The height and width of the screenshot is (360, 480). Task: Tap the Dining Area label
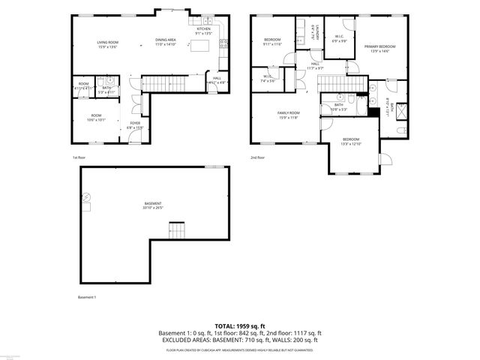click(165, 42)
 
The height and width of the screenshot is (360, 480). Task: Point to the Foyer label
click(135, 124)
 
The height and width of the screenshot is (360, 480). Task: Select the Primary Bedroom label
click(379, 49)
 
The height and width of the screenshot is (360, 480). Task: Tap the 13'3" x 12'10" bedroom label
click(351, 142)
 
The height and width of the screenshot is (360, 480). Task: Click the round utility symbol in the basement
click(87, 197)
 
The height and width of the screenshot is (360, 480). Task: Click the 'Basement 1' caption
click(87, 297)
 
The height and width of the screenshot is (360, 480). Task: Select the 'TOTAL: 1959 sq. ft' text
click(240, 326)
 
